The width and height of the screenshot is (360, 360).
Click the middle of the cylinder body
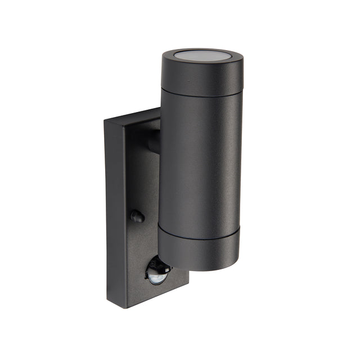(x=200, y=163)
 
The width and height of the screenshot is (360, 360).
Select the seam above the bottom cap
(x=198, y=236)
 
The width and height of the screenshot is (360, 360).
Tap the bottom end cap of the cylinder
(x=198, y=252)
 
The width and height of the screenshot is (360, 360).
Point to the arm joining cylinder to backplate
(x=154, y=141)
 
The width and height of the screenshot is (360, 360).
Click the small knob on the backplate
(x=137, y=216)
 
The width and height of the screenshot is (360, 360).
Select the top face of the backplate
(x=133, y=116)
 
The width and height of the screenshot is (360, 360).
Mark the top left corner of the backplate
(x=105, y=121)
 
